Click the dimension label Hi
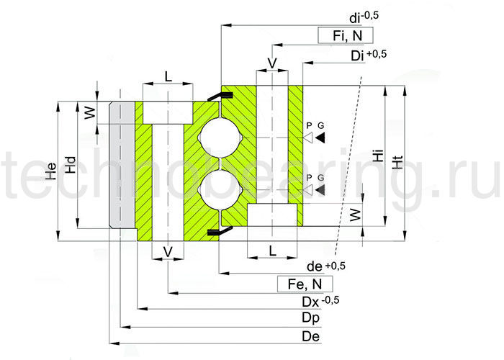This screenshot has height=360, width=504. click(x=377, y=157)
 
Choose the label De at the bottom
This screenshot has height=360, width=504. click(x=311, y=336)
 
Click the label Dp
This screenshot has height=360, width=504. click(x=311, y=318)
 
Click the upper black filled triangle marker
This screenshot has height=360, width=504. click(x=319, y=137)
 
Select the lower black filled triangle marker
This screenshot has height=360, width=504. click(x=319, y=189)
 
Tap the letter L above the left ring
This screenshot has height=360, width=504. click(x=168, y=76)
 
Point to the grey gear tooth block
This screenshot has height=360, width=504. click(x=122, y=166)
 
